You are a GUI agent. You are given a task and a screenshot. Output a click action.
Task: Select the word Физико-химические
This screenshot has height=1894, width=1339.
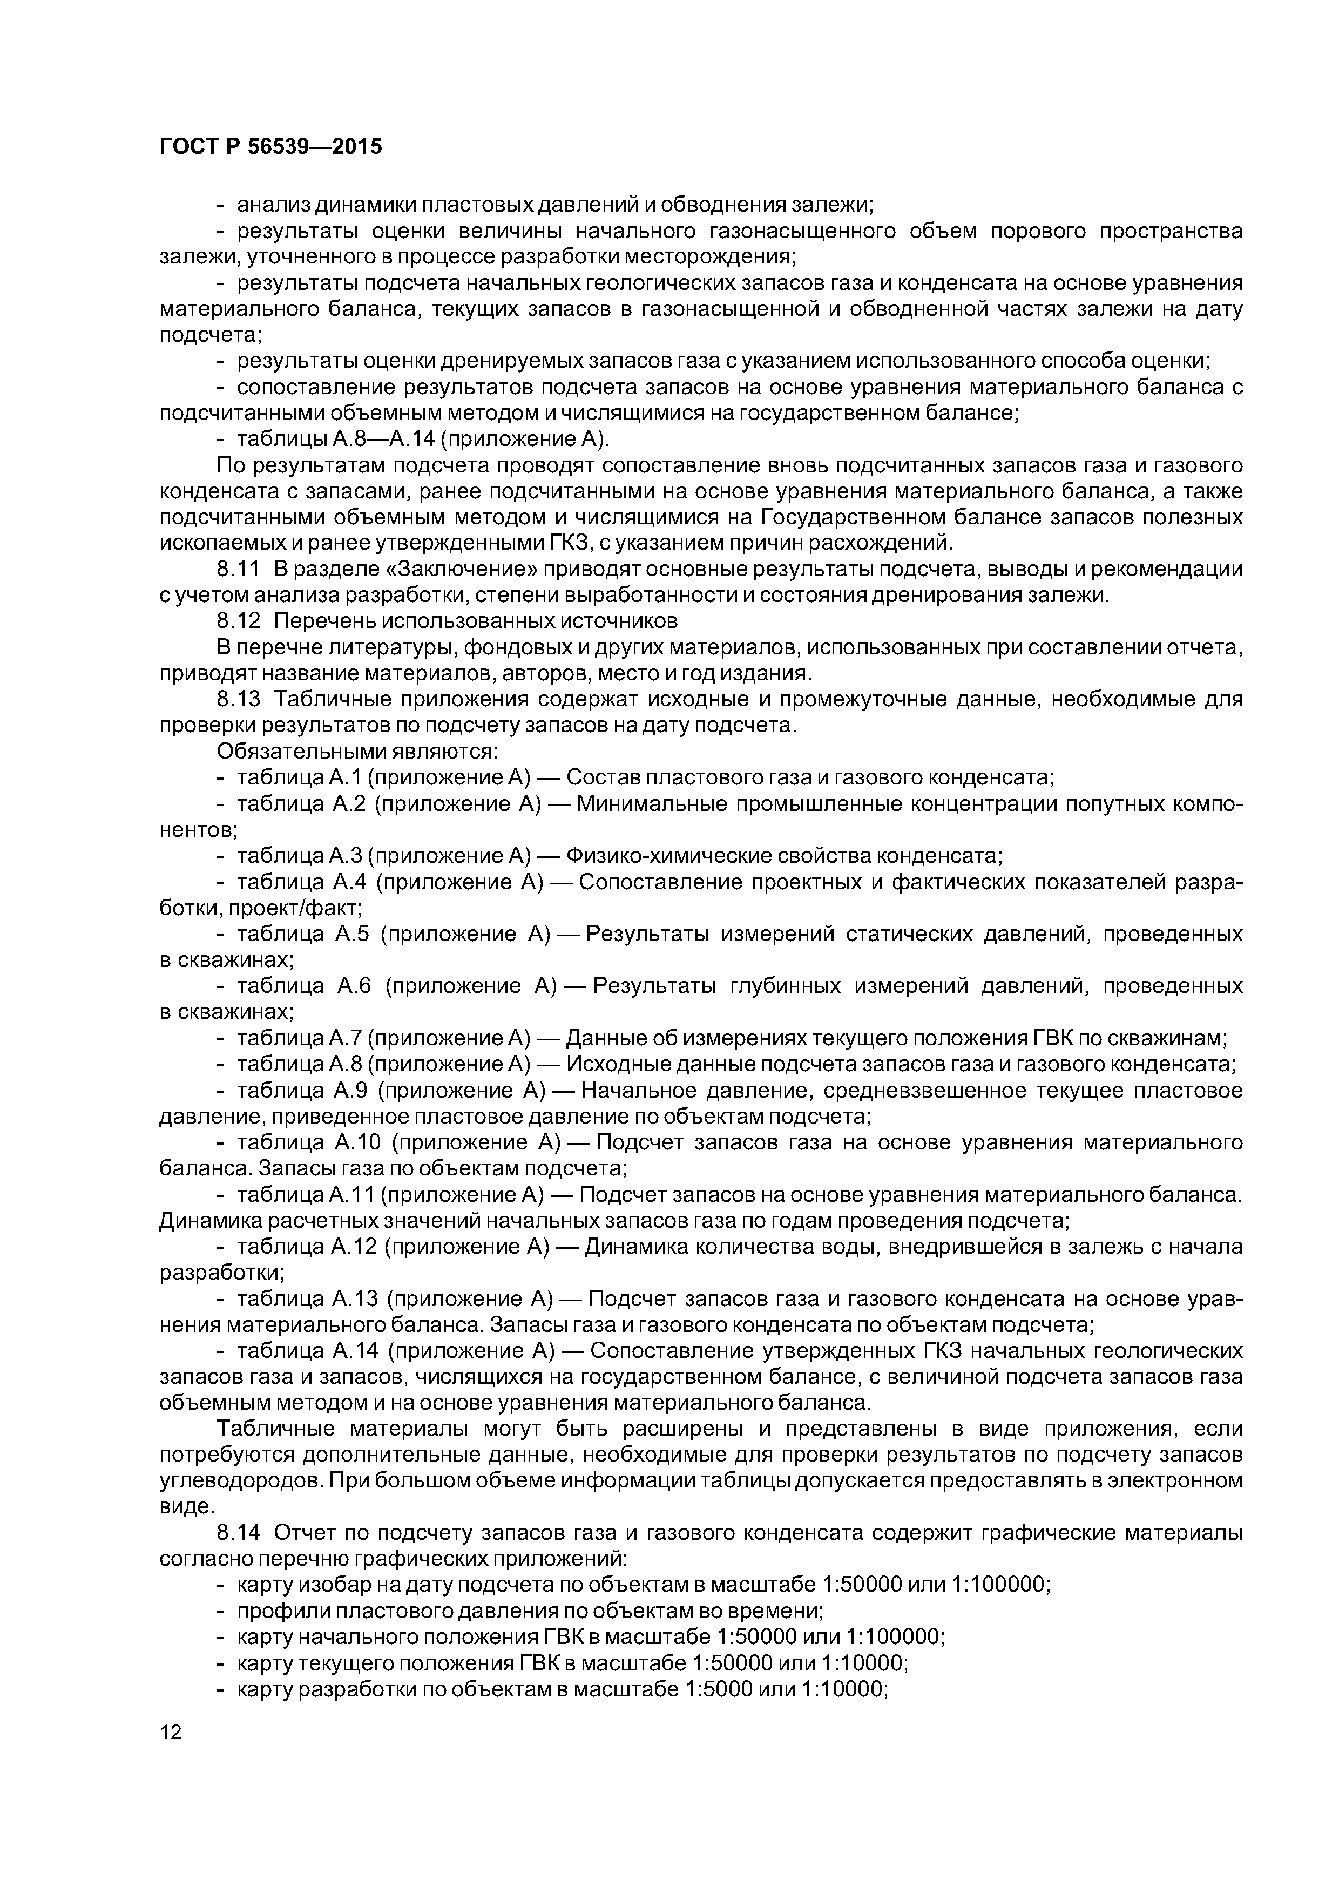point(650,855)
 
